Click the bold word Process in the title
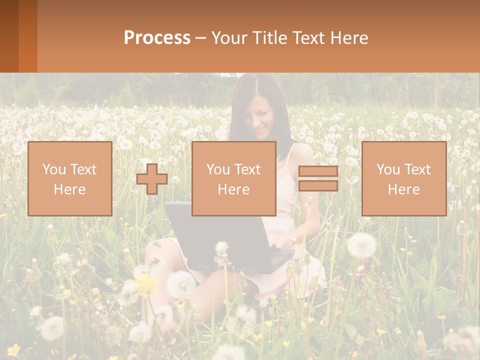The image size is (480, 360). (x=157, y=38)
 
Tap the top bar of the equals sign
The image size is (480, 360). (x=318, y=171)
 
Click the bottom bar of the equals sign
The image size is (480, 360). (x=318, y=186)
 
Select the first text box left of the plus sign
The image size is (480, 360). (x=70, y=179)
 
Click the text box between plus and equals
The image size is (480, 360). (x=233, y=179)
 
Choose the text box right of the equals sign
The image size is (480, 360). (x=403, y=179)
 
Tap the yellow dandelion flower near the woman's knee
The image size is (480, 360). (x=146, y=285)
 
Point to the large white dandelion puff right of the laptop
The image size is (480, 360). (x=361, y=245)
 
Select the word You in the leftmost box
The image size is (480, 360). (x=53, y=169)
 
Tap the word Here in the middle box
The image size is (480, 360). (x=233, y=189)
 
